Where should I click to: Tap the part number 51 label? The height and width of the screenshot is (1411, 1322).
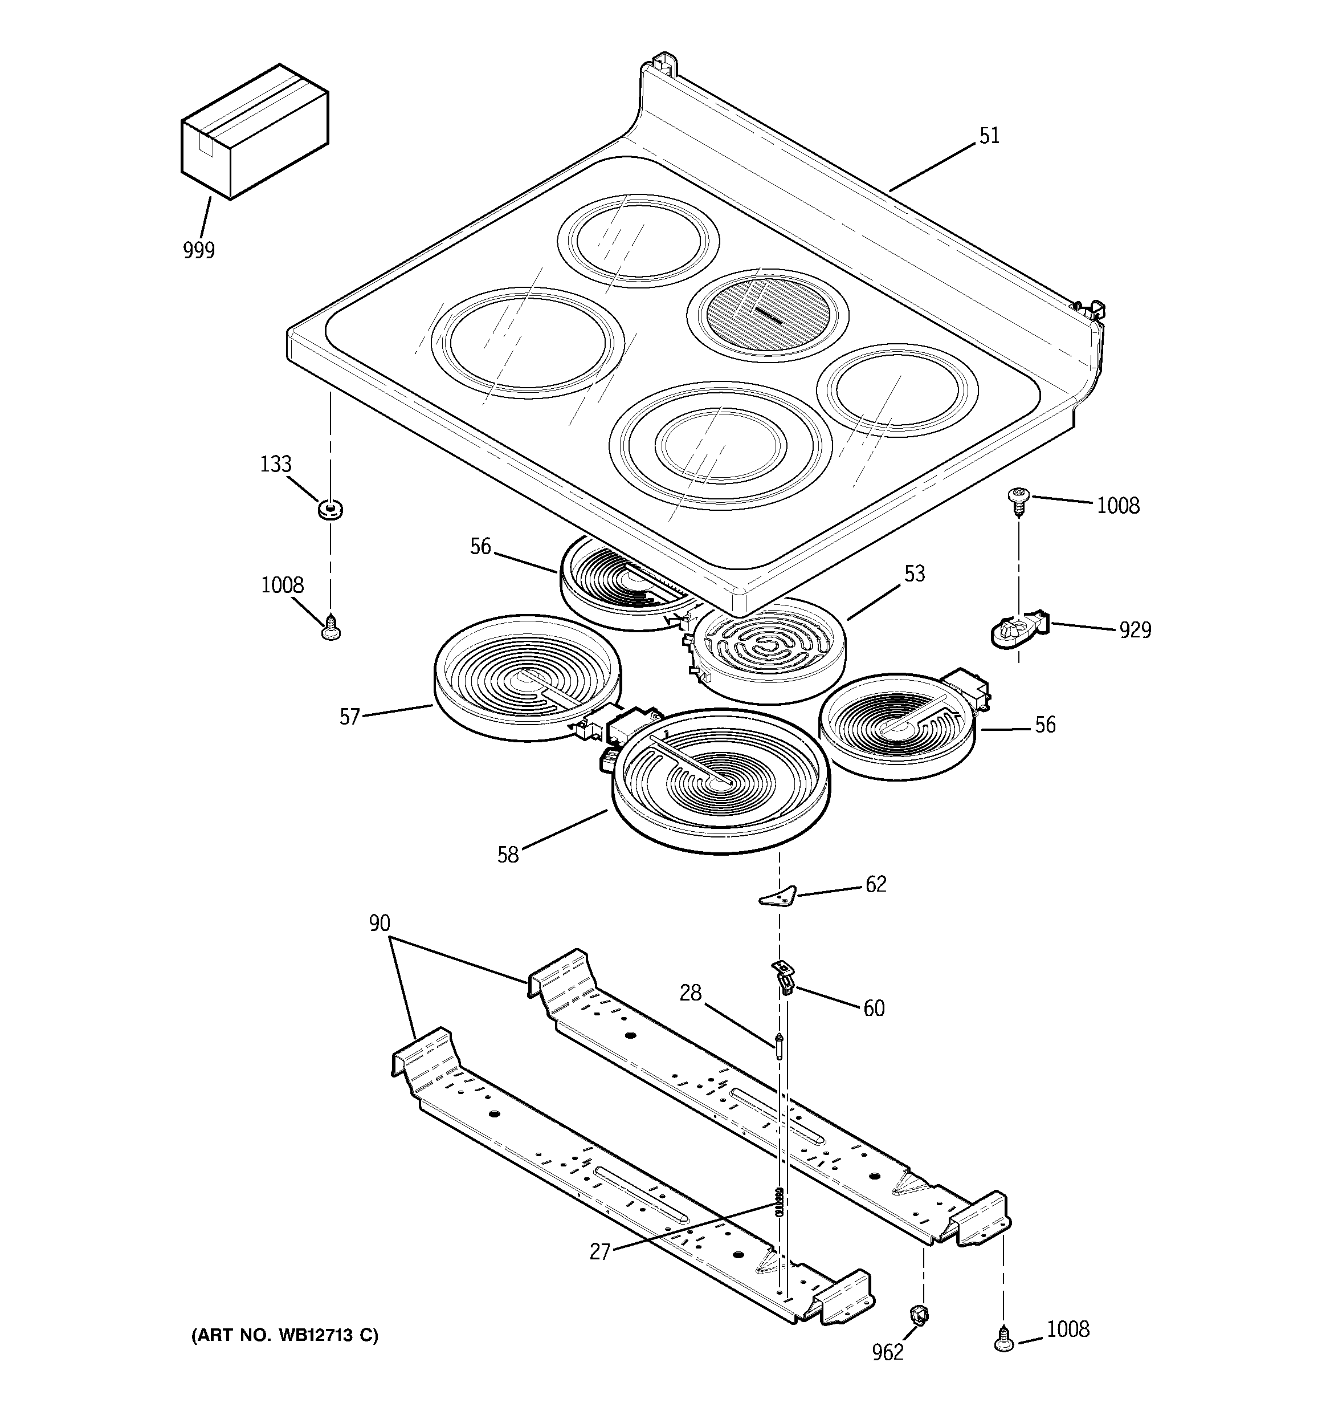point(989,136)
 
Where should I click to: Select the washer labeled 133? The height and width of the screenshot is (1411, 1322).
point(330,509)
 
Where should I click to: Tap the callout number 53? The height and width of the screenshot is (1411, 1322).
point(915,574)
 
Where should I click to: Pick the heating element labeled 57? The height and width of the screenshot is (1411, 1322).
point(525,678)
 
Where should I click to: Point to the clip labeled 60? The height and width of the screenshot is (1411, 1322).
point(783,977)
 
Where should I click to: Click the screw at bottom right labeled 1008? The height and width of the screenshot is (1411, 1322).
point(1003,1339)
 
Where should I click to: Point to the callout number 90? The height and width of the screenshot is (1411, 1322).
point(380,924)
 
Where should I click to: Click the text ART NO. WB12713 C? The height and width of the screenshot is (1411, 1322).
point(284,1336)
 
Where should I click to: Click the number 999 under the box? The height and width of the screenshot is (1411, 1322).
point(199,250)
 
